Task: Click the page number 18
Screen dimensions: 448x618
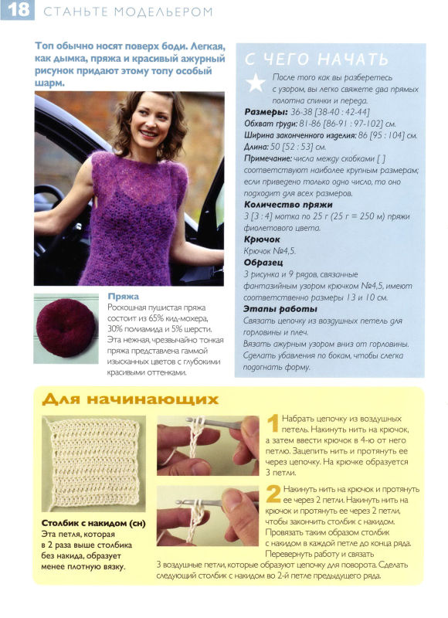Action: point(18,9)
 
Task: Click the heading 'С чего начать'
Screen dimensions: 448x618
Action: point(317,59)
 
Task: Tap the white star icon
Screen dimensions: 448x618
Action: point(256,83)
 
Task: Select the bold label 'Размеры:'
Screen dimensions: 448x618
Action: point(266,112)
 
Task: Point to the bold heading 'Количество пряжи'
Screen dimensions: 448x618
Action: point(288,205)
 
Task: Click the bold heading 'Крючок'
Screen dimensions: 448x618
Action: point(262,239)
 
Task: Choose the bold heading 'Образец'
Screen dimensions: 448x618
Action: point(263,263)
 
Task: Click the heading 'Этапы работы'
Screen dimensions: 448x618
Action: point(280,309)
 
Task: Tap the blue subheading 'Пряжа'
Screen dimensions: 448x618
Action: point(123,297)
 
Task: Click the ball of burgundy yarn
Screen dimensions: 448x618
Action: point(66,328)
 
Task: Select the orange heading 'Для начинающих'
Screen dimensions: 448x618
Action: point(130,399)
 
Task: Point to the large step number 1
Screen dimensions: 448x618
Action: point(273,423)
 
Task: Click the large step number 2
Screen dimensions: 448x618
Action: point(273,494)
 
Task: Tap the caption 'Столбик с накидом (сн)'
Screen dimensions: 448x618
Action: point(93,524)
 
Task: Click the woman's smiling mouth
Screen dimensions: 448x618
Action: point(148,134)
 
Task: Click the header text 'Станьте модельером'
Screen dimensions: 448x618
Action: point(128,12)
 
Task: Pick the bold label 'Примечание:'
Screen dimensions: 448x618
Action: point(268,158)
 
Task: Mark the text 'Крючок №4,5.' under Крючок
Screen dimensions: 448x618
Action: point(270,250)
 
